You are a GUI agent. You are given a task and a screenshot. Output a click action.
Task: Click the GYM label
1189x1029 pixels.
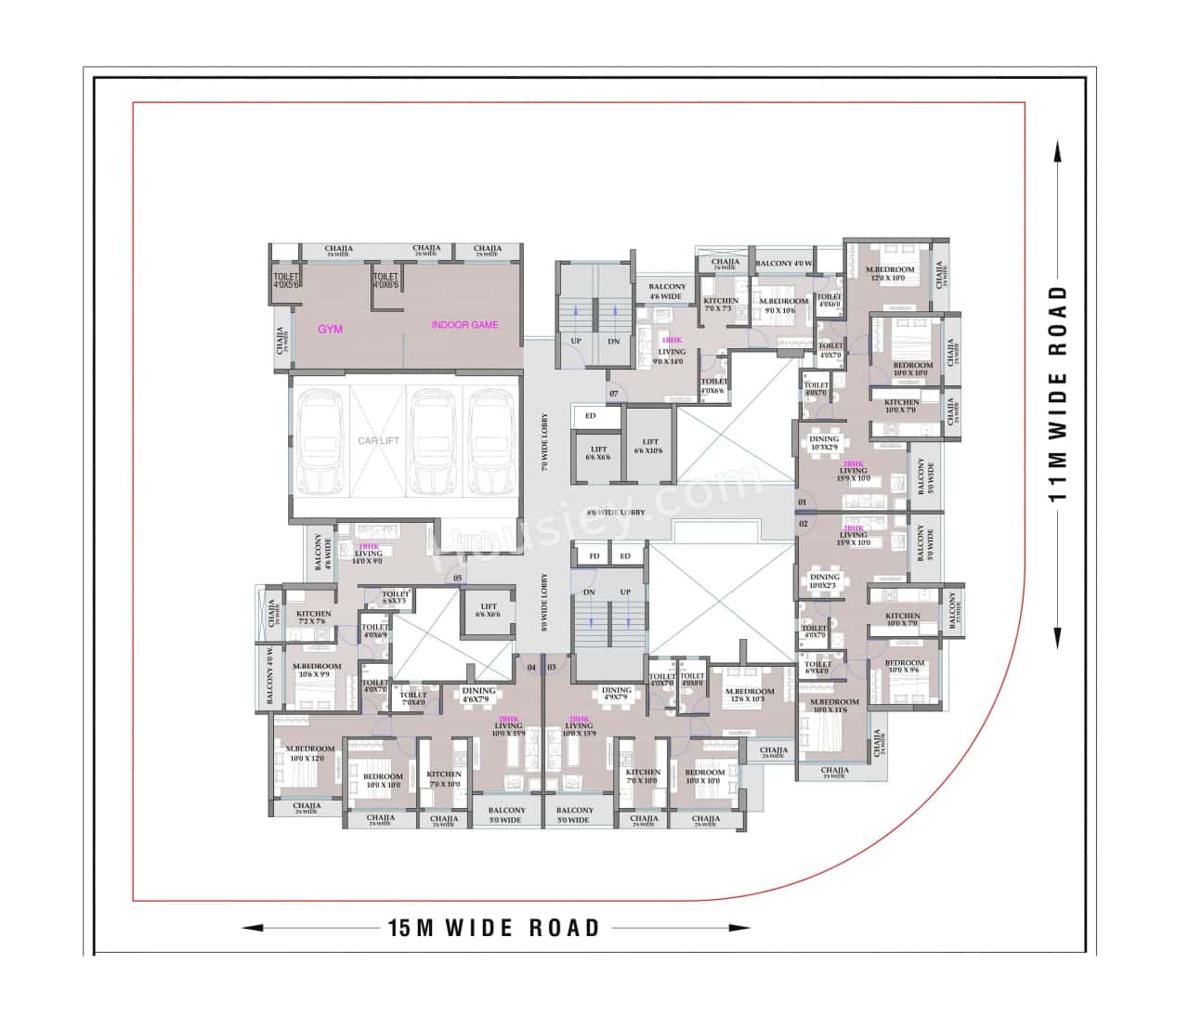(x=331, y=329)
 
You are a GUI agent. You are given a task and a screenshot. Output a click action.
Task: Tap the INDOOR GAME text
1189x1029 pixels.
(x=464, y=325)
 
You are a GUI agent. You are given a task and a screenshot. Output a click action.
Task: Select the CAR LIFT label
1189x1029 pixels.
(x=378, y=440)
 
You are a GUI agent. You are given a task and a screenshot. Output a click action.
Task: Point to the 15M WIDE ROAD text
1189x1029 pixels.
(x=494, y=928)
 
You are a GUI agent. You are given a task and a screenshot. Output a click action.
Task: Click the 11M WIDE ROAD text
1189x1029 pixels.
(x=1058, y=394)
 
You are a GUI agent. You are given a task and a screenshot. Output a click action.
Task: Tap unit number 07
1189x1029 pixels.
(x=614, y=394)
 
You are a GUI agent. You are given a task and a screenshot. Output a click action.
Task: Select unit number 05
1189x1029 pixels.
(x=457, y=579)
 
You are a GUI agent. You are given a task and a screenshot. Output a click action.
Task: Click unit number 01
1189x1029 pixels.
(x=803, y=503)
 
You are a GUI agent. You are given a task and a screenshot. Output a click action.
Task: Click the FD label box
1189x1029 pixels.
(x=593, y=556)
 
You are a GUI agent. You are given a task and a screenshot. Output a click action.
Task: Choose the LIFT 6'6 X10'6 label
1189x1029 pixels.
(x=650, y=447)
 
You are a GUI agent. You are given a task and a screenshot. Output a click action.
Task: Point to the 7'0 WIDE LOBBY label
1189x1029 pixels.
(x=546, y=442)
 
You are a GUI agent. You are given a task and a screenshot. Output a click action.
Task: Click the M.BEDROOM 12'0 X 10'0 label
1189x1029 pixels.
(x=893, y=273)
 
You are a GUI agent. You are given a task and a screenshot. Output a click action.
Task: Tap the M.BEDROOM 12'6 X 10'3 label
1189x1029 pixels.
(x=751, y=695)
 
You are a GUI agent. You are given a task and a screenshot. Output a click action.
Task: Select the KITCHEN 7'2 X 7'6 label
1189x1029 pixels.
(x=314, y=618)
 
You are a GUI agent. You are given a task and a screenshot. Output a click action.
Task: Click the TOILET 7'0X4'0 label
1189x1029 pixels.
(x=413, y=698)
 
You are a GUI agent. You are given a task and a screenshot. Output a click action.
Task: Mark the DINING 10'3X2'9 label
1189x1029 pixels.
(x=824, y=443)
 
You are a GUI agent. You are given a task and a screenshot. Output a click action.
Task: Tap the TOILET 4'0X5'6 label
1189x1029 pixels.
(x=285, y=280)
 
